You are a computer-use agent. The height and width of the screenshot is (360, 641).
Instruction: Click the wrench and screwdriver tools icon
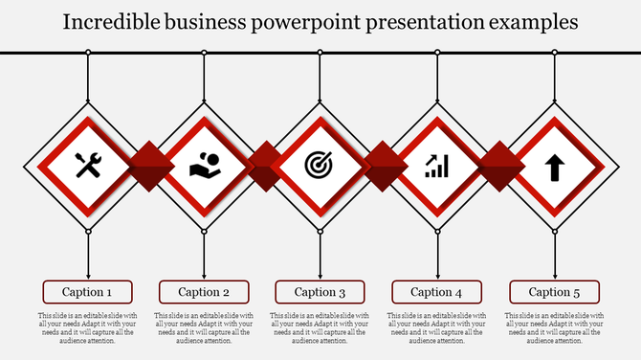pyautogui.click(x=88, y=166)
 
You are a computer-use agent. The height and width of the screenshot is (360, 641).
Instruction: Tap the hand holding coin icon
pyautogui.click(x=204, y=166)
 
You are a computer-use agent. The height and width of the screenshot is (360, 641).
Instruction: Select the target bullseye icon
pyautogui.click(x=320, y=166)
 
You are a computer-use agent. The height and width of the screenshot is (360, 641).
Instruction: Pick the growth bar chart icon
pyautogui.click(x=437, y=167)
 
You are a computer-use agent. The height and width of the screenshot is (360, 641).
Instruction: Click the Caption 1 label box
pyautogui.click(x=87, y=292)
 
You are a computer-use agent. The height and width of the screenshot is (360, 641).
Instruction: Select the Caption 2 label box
pyautogui.click(x=204, y=292)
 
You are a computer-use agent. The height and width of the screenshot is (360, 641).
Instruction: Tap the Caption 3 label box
pyautogui.click(x=320, y=292)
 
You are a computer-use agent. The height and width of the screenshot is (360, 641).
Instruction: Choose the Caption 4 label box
pyautogui.click(x=437, y=292)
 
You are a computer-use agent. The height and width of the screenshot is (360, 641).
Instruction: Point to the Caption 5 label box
pyautogui.click(x=554, y=292)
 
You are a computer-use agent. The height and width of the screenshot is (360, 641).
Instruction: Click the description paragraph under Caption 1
pyautogui.click(x=87, y=327)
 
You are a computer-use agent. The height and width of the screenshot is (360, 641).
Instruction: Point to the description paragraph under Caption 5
pyautogui.click(x=554, y=327)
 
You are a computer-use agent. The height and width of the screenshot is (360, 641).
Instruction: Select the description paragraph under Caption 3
pyautogui.click(x=320, y=327)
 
